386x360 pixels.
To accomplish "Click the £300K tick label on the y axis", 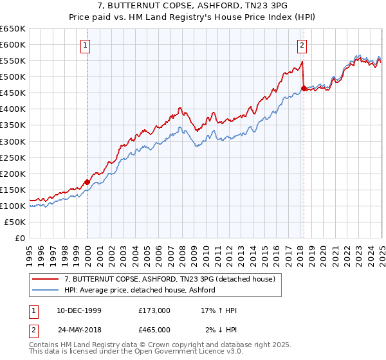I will (x=13, y=141).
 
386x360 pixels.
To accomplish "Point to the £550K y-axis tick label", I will (x=13, y=61).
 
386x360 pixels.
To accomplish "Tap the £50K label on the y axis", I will (x=15, y=222).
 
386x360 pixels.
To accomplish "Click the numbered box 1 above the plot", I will (x=86, y=45).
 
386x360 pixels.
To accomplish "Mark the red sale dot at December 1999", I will (x=87, y=182).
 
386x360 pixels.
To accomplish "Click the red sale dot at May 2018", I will (x=304, y=88).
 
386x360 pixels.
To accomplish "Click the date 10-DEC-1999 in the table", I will (x=79, y=310).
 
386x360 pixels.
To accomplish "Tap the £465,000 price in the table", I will (x=154, y=329).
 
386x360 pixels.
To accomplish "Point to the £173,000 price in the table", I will (x=154, y=310).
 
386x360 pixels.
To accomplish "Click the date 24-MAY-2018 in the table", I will (x=79, y=329).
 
